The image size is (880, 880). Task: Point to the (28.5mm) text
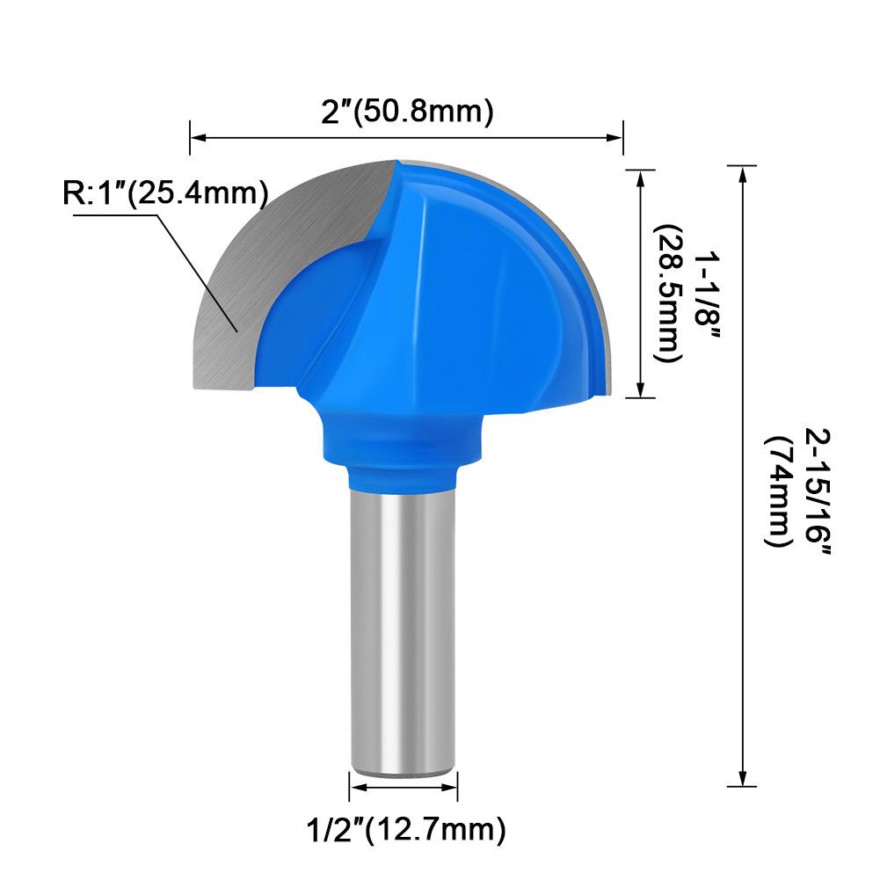(x=670, y=293)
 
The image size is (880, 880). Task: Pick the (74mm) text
(x=779, y=492)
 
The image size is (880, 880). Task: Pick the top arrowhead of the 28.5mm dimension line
(x=640, y=176)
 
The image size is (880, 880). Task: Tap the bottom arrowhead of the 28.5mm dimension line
(x=640, y=392)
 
